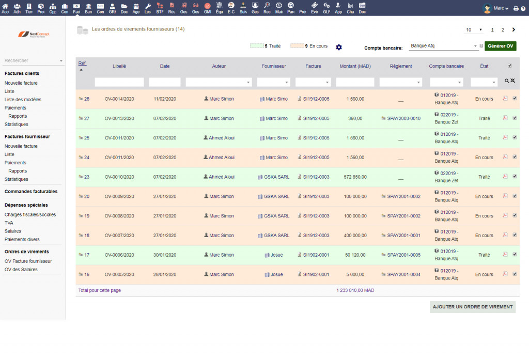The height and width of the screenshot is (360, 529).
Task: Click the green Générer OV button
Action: [x=500, y=46]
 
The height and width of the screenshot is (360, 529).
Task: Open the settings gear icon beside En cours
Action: [x=339, y=47]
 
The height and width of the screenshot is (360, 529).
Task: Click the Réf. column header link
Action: [x=82, y=63]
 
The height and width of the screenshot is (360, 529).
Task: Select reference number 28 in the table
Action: [x=87, y=99]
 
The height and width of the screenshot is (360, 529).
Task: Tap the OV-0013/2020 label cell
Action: [x=119, y=118]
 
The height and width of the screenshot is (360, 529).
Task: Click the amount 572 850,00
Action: [x=355, y=177]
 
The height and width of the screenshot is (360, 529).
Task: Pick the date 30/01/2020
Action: [x=165, y=255]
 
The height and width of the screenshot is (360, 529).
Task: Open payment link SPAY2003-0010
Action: [x=404, y=118]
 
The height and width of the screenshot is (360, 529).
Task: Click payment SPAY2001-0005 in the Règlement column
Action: [x=404, y=255]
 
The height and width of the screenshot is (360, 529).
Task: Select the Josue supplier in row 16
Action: [x=277, y=275]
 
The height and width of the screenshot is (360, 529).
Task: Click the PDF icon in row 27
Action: [x=505, y=118]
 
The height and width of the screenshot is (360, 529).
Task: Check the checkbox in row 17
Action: [x=515, y=255]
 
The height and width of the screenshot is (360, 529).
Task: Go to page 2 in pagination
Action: [x=503, y=30]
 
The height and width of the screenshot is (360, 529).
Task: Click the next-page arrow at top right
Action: [x=514, y=29]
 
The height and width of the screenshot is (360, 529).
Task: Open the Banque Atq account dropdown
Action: [x=444, y=46]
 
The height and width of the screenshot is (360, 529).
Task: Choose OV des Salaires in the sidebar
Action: [x=21, y=270]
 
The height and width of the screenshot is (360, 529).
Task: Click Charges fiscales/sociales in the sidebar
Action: [x=30, y=214]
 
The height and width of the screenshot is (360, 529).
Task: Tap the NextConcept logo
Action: [x=34, y=34]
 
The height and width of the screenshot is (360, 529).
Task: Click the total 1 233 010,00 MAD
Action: [x=355, y=290]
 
